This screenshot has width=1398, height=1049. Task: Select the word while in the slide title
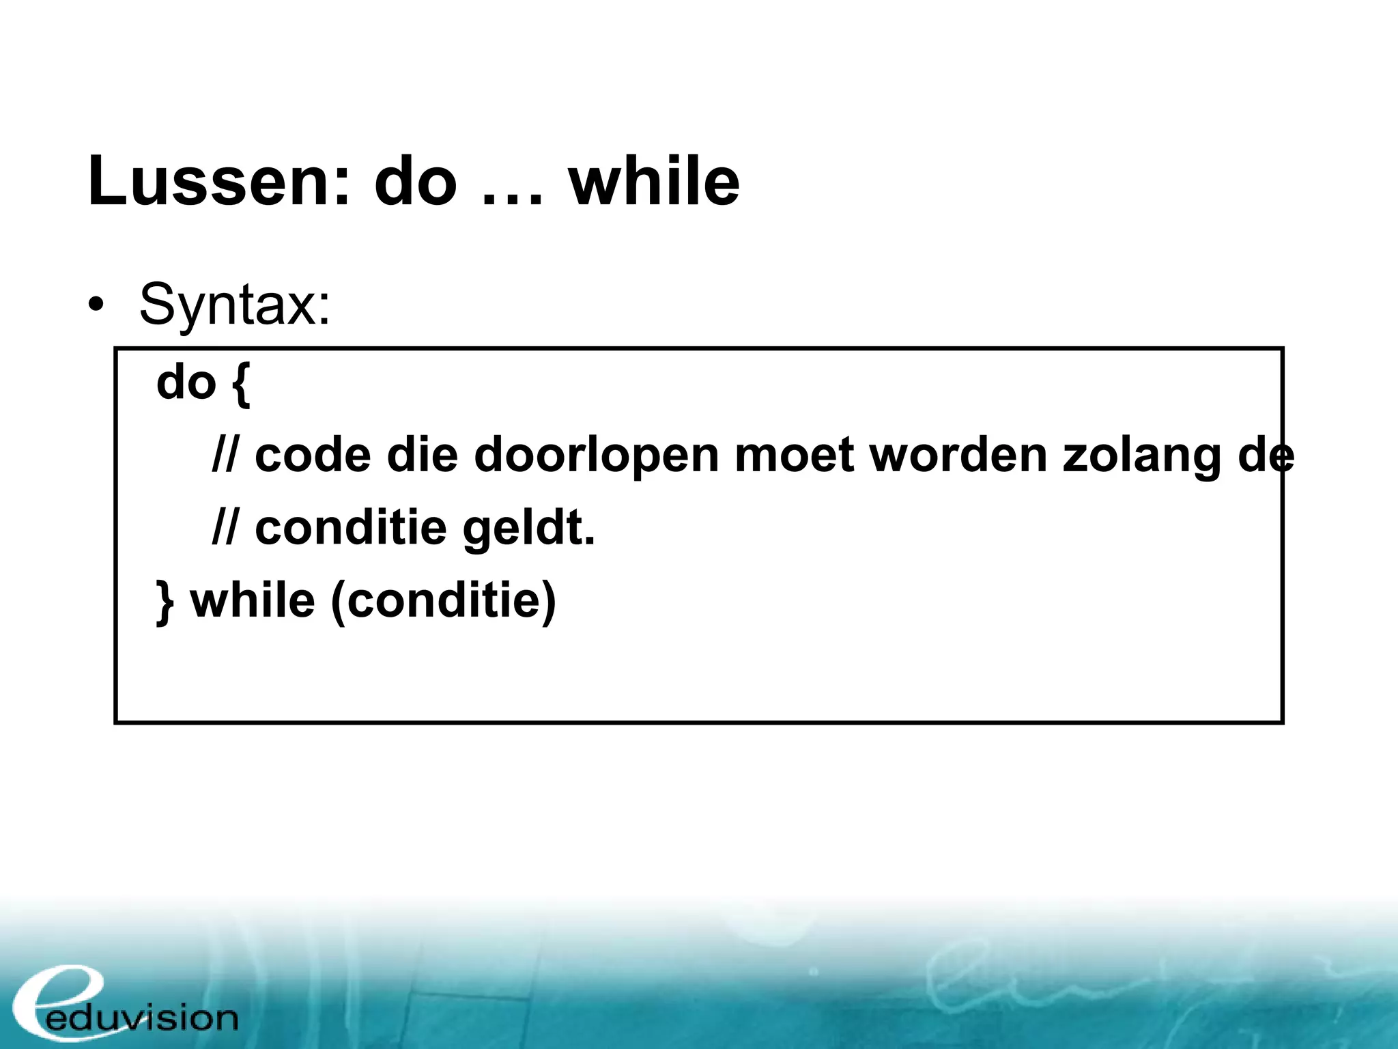click(x=654, y=182)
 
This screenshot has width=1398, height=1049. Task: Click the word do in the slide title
click(x=415, y=182)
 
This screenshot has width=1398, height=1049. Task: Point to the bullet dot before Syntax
click(x=96, y=305)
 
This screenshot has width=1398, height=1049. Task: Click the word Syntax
click(x=235, y=305)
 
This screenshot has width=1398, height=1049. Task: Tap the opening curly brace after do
click(x=242, y=384)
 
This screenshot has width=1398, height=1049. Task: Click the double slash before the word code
click(x=225, y=455)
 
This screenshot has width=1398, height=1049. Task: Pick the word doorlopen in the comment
click(x=596, y=456)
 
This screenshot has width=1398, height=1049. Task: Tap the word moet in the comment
click(x=794, y=455)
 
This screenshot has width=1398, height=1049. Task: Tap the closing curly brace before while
click(x=165, y=602)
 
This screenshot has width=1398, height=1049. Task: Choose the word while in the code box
click(x=253, y=601)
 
